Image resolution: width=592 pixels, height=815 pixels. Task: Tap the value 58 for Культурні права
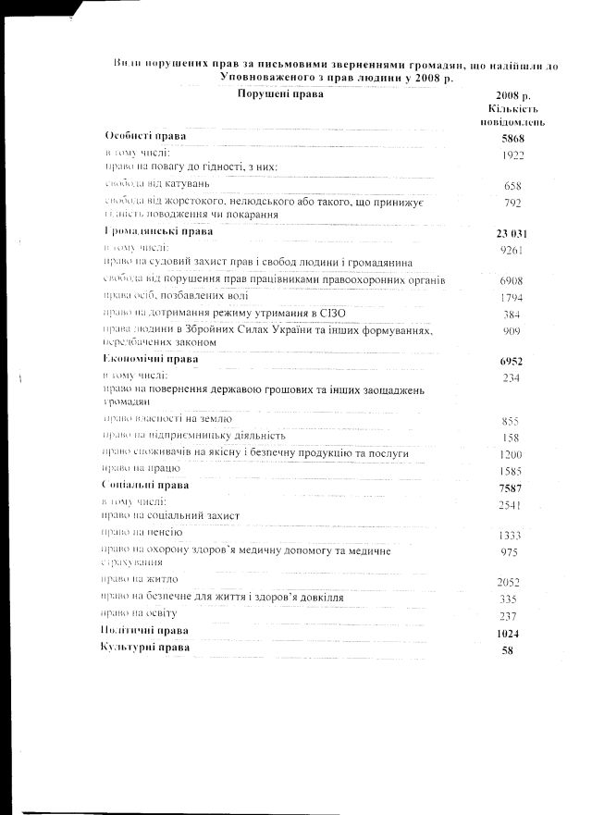(x=511, y=650)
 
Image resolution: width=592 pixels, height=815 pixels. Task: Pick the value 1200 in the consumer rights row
(x=511, y=454)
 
